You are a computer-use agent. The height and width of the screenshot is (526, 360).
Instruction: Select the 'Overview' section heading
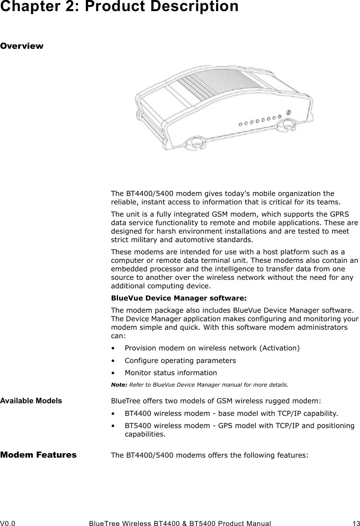tap(22, 46)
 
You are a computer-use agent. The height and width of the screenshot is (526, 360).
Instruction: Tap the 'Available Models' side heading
tap(31, 401)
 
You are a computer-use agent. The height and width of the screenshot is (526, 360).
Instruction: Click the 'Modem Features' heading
tap(38, 455)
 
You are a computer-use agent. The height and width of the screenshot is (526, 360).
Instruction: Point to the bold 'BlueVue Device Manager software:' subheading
tap(179, 298)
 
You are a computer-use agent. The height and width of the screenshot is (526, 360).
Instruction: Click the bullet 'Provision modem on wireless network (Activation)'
tap(212, 348)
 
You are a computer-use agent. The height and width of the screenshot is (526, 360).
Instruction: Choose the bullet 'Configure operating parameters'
tap(180, 360)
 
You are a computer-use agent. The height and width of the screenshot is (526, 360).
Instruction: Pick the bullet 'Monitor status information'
tap(171, 373)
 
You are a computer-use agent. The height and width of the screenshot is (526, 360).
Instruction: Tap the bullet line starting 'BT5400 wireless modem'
tap(239, 425)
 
